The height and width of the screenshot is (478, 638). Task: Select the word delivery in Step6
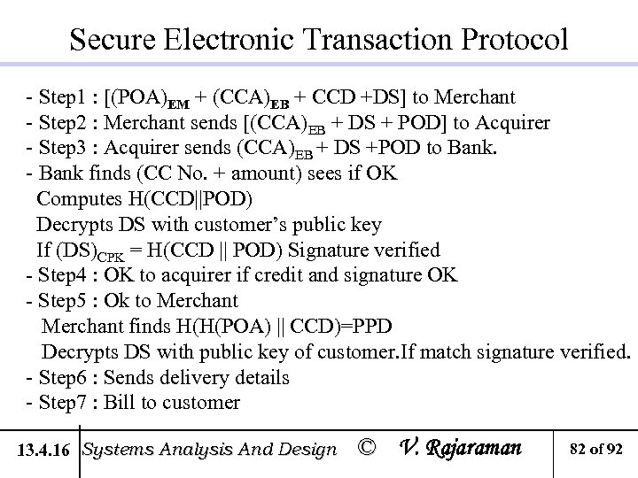[x=199, y=378]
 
